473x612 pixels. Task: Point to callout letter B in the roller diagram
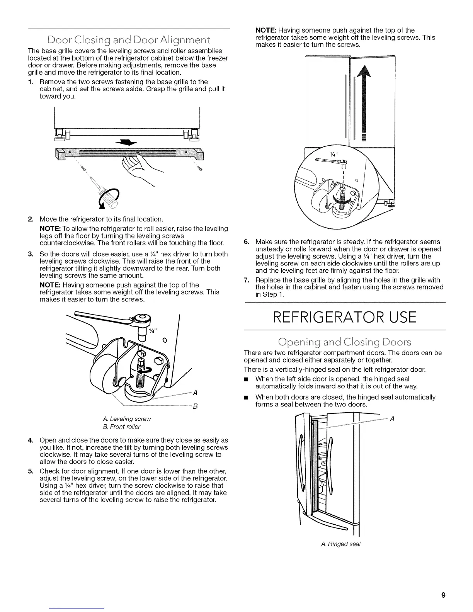(x=195, y=406)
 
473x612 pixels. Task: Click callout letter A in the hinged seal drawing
(x=393, y=418)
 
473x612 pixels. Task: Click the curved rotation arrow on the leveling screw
(x=147, y=371)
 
